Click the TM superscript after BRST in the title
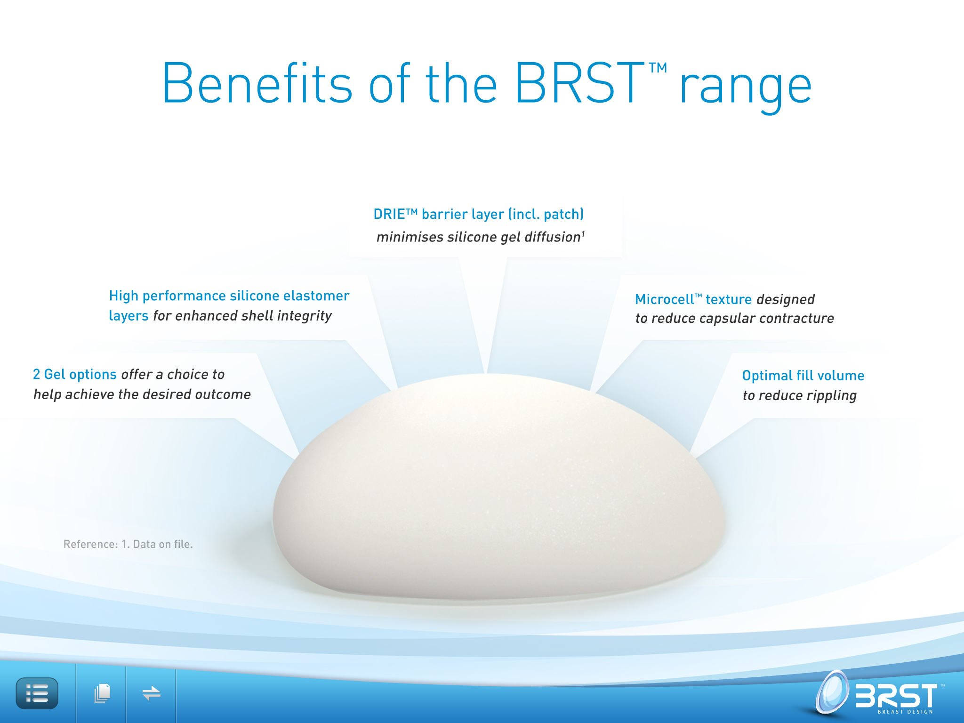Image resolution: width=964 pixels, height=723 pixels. pyautogui.click(x=658, y=68)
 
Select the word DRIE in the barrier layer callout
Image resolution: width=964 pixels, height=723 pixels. pyautogui.click(x=389, y=214)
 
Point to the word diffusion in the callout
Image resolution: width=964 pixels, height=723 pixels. pyautogui.click(x=553, y=237)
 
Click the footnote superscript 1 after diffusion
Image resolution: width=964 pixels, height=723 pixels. pyautogui.click(x=583, y=233)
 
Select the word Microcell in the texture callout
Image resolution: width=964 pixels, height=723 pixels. pyautogui.click(x=664, y=299)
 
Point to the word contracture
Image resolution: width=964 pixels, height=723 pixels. pyautogui.click(x=796, y=319)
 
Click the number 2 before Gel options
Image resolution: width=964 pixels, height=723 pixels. pyautogui.click(x=36, y=374)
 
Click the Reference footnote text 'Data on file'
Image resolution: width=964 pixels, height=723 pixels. pyautogui.click(x=163, y=544)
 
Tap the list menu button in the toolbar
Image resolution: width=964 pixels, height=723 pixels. pyautogui.click(x=37, y=693)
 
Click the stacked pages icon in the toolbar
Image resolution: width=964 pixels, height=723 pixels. pyautogui.click(x=102, y=693)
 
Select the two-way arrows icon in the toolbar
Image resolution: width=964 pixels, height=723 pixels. pyautogui.click(x=152, y=693)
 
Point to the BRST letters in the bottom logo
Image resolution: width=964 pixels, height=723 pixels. pyautogui.click(x=896, y=695)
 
